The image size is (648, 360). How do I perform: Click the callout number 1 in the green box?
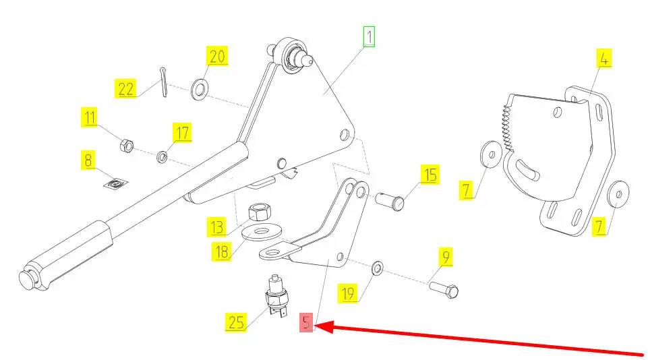coord(369,36)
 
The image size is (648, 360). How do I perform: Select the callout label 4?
coord(604,59)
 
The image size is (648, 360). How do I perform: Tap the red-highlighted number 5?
coord(307,323)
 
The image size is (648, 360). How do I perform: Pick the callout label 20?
coord(217,57)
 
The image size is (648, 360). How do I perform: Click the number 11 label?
coord(90,117)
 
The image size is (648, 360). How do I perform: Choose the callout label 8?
coord(88,160)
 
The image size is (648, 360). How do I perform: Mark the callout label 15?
coord(430,175)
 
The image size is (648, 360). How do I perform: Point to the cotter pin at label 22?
coord(164,82)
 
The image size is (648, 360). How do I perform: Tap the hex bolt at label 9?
coord(443,289)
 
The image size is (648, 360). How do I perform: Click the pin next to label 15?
coord(389,200)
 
